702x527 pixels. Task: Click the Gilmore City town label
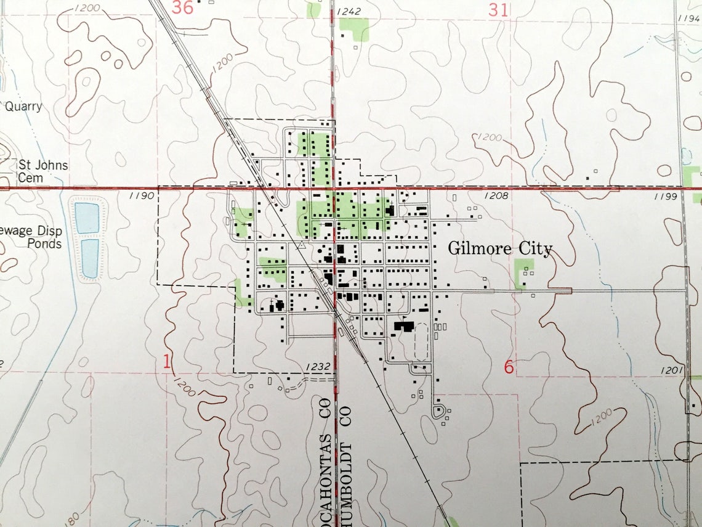coord(500,249)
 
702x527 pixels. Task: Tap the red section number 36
coord(182,8)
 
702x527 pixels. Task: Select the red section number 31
coord(498,9)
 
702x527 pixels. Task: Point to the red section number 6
coord(509,367)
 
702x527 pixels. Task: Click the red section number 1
coord(166,362)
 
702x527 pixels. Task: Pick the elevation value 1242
coord(349,11)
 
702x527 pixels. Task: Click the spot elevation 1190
coord(141,196)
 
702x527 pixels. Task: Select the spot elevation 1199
coord(666,197)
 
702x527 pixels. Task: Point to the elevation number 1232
coord(318,367)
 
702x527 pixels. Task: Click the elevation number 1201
coord(675,370)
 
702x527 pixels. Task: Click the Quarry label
coord(23,107)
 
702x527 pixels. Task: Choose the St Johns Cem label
coord(42,171)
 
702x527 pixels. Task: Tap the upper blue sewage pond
coord(87,218)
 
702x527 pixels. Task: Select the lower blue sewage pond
coord(90,258)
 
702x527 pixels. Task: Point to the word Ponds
coord(44,243)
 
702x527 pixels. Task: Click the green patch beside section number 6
coord(523,273)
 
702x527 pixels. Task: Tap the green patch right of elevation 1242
coord(355,29)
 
